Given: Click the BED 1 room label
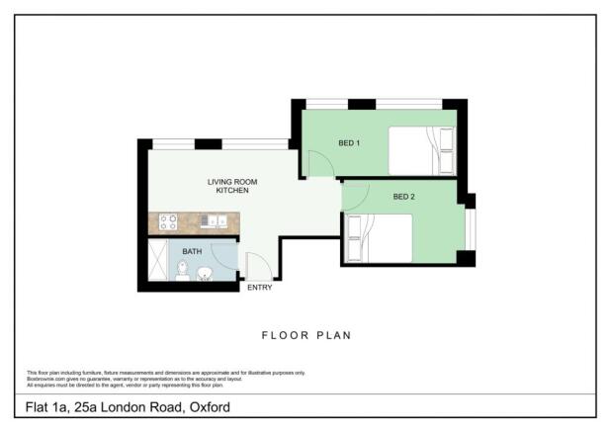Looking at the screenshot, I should (x=349, y=143).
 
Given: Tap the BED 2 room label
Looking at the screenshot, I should (x=403, y=197).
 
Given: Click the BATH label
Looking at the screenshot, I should (x=192, y=251).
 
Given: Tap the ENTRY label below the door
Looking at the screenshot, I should (x=259, y=288).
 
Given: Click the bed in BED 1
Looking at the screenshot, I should (x=420, y=150).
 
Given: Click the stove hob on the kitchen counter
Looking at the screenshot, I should (x=168, y=221).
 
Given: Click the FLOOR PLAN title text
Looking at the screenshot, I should (x=305, y=335).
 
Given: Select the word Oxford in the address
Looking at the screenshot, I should (x=212, y=405).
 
